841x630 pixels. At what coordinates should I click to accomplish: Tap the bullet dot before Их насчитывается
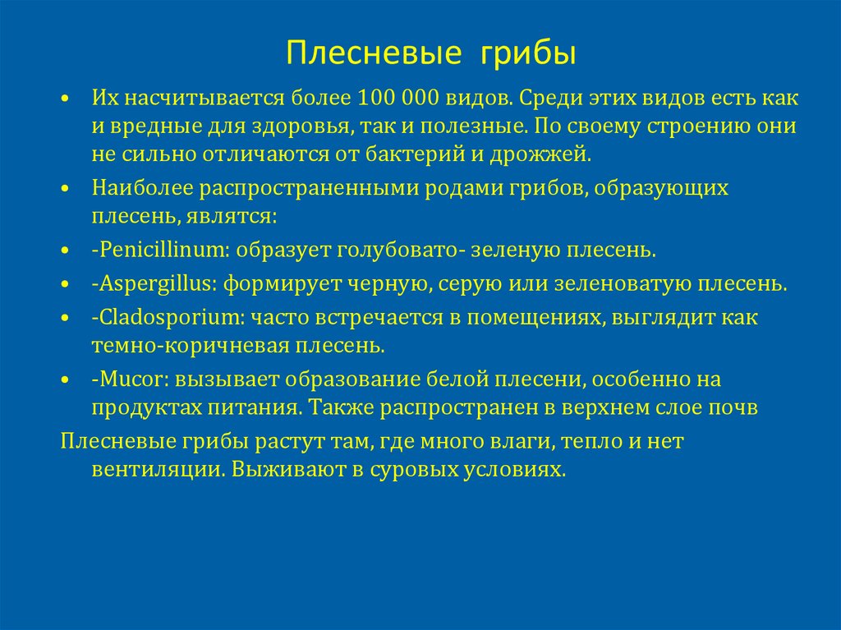pyautogui.click(x=66, y=99)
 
